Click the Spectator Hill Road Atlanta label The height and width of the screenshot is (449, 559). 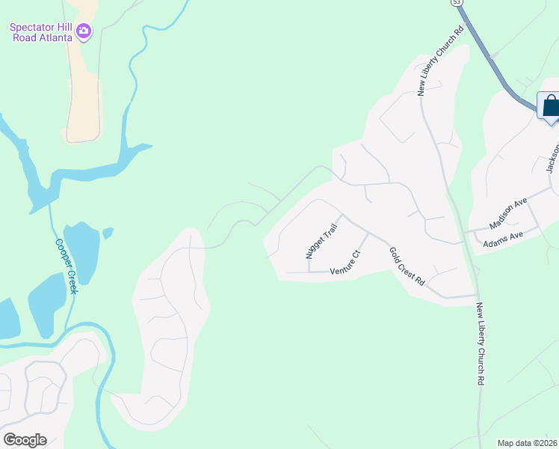click(x=41, y=32)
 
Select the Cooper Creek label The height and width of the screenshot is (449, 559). click(x=66, y=266)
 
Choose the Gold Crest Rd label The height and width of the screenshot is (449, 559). click(x=407, y=266)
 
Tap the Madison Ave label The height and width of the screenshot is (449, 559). click(x=508, y=213)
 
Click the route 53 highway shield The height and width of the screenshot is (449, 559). click(x=455, y=3)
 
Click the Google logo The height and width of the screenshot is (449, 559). click(x=25, y=439)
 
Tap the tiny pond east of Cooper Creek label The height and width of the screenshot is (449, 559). click(x=108, y=233)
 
